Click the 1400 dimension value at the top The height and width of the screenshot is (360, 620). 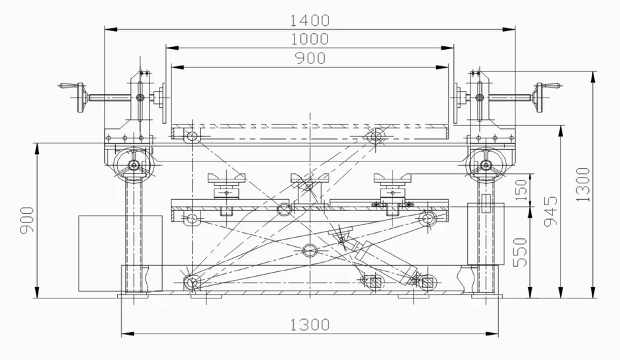(309, 19)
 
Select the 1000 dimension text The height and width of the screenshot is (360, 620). (309, 39)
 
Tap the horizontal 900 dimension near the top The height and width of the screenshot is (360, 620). (309, 58)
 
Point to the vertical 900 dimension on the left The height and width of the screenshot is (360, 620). (27, 219)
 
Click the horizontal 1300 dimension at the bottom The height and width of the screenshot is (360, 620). (309, 324)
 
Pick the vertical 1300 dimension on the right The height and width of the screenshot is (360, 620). (582, 183)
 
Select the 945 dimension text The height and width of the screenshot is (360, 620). (551, 210)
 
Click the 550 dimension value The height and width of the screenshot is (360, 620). (521, 251)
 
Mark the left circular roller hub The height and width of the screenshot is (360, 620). (134, 165)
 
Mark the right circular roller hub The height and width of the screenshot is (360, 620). (486, 165)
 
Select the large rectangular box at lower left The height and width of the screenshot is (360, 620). (120, 253)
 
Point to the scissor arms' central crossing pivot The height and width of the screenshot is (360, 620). (308, 249)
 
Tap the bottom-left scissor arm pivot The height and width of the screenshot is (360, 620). (193, 282)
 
